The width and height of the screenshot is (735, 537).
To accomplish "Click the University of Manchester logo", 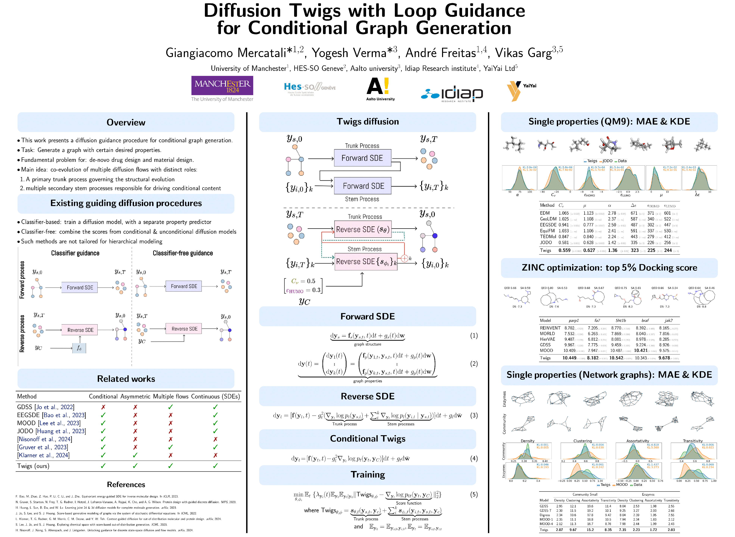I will [222, 88].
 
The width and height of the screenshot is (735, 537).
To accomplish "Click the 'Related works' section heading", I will [126, 379].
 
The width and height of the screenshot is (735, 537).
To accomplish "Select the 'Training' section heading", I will [368, 475].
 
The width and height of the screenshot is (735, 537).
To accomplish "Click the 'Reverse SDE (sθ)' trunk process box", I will [363, 230].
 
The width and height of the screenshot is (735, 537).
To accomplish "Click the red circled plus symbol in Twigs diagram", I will [404, 258].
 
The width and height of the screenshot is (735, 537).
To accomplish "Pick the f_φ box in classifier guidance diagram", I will [79, 348].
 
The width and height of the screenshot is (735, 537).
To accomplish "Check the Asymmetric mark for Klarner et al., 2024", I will [135, 455].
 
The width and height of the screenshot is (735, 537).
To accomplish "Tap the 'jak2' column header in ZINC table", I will [668, 321].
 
